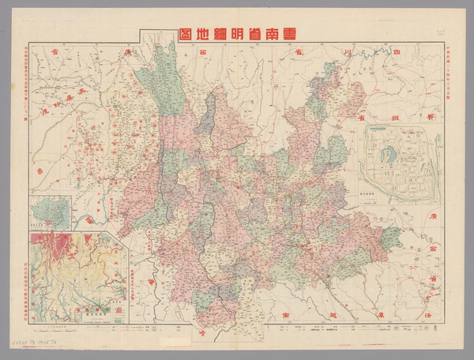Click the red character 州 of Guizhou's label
point(398,117)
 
